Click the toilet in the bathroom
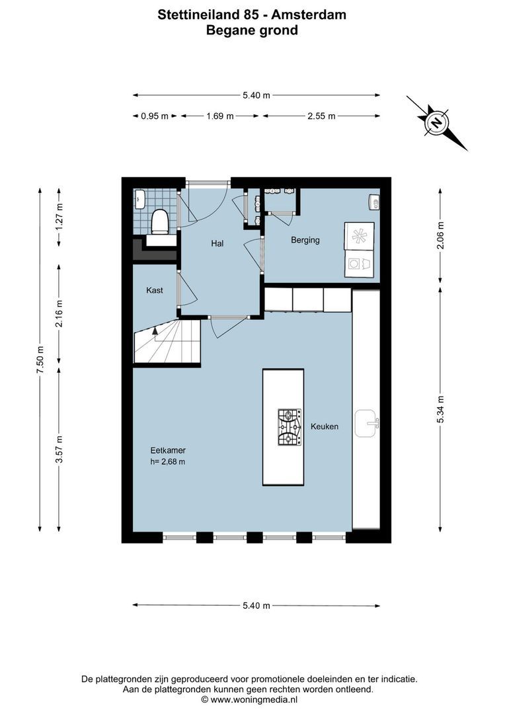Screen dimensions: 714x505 click(160, 221)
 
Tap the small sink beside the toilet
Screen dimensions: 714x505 click(139, 198)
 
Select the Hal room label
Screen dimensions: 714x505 click(217, 243)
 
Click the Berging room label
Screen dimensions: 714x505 click(305, 240)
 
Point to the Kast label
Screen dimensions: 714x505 click(154, 290)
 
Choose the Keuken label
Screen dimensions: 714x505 click(325, 426)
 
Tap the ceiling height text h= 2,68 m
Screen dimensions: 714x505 click(168, 461)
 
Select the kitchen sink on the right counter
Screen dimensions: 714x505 click(366, 423)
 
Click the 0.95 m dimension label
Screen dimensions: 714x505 click(155, 116)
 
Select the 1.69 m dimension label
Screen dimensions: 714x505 click(220, 116)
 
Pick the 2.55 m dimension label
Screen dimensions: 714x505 click(321, 116)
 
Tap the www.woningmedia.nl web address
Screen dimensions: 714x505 click(254, 698)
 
